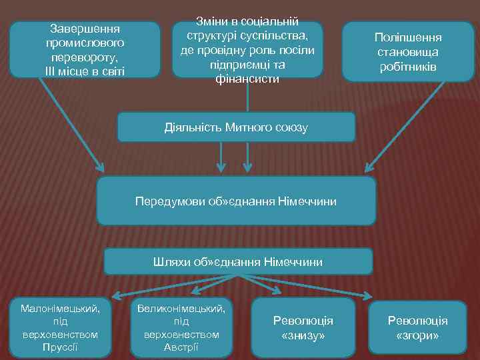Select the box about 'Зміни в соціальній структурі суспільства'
(x=247, y=50)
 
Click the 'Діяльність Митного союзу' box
(x=236, y=127)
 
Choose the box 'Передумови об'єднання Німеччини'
(x=236, y=201)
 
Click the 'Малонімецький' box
(x=60, y=327)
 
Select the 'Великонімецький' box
(x=181, y=327)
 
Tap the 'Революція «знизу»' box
(x=303, y=328)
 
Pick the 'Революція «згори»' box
(x=417, y=328)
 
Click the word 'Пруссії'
(x=59, y=347)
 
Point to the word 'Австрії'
(x=181, y=347)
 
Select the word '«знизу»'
(x=303, y=336)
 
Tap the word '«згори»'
(x=417, y=336)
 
